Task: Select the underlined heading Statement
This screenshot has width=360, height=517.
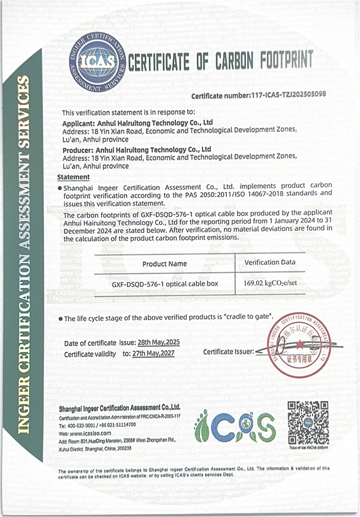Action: (x=73, y=177)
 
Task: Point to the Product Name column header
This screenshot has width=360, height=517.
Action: (x=164, y=264)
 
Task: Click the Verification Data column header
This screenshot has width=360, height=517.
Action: (x=270, y=262)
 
